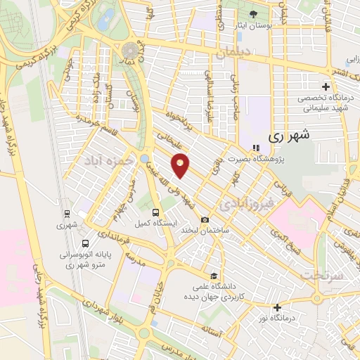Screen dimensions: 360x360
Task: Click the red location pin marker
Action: (181, 165)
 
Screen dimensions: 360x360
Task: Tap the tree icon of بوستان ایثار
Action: (252, 13)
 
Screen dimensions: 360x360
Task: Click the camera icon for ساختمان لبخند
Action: (205, 220)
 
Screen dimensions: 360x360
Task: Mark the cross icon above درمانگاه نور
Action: (278, 307)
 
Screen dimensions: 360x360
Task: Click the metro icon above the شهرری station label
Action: (67, 213)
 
